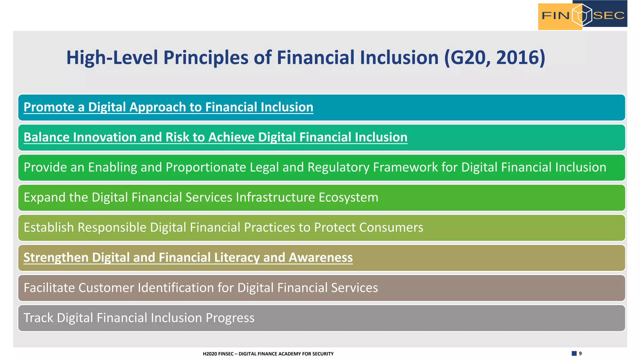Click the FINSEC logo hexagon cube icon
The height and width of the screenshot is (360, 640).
582,15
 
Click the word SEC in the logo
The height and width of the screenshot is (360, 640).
609,15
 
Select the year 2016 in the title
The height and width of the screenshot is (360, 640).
520,58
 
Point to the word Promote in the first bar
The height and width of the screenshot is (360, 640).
49,107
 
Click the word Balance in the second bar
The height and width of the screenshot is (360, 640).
47,137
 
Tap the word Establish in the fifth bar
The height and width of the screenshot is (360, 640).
49,227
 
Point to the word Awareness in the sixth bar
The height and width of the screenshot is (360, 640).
321,257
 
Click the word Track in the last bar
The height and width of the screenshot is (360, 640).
38,318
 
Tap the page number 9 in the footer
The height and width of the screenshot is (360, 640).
580,353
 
